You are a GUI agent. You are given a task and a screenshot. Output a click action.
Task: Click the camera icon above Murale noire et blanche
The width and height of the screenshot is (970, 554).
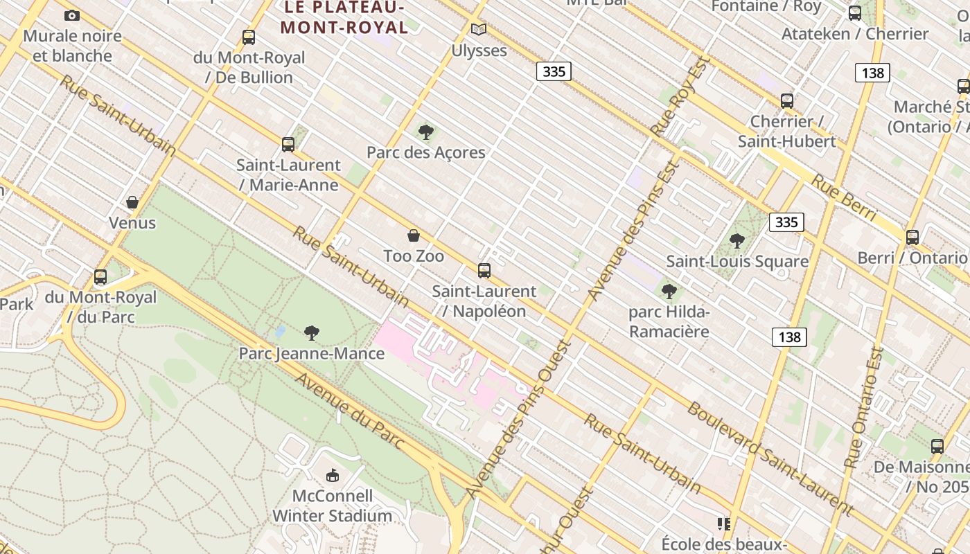[x=71, y=15]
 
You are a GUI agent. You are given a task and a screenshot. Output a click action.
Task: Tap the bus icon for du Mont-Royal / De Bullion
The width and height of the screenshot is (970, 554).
[x=249, y=37]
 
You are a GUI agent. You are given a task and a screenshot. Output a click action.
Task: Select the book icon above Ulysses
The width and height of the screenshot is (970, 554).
[x=479, y=29]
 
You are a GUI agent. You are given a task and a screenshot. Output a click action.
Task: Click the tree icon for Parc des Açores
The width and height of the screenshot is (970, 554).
[x=426, y=132]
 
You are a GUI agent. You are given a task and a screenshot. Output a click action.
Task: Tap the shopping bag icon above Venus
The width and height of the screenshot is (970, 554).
[x=132, y=202]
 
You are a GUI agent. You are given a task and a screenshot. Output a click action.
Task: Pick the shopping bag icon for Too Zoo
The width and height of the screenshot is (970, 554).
[x=414, y=235]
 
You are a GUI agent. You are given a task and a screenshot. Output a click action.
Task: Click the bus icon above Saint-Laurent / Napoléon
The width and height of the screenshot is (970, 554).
[x=484, y=270]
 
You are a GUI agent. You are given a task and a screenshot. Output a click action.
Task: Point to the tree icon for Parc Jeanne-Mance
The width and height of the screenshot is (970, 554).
[x=312, y=333]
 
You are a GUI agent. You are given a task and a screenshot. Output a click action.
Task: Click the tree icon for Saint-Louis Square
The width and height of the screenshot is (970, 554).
[x=737, y=241]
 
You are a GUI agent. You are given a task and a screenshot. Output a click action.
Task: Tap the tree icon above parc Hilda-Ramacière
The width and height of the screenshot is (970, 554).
[x=669, y=291]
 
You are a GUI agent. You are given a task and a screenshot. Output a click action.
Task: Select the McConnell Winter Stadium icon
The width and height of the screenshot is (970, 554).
[x=333, y=475]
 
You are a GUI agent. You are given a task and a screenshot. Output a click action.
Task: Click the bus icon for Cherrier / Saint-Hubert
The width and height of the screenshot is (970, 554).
[x=786, y=100]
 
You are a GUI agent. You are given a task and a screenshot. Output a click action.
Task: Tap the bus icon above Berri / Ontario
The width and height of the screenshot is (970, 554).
[x=912, y=237]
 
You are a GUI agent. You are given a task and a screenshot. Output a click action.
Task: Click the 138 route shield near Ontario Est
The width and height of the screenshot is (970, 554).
[x=788, y=337]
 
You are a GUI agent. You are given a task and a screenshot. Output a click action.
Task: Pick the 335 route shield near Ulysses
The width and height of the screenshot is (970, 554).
[x=554, y=71]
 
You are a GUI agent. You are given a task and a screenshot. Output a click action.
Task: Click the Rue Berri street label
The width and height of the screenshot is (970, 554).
[x=844, y=199]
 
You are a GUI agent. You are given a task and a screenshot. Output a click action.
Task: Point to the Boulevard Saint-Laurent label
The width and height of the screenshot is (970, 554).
[x=769, y=457]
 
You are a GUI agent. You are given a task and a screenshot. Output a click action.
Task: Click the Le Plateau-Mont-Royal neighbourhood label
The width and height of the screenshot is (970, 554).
[x=344, y=17]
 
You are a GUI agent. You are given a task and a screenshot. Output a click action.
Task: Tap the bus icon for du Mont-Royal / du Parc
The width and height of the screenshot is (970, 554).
[x=100, y=277]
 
